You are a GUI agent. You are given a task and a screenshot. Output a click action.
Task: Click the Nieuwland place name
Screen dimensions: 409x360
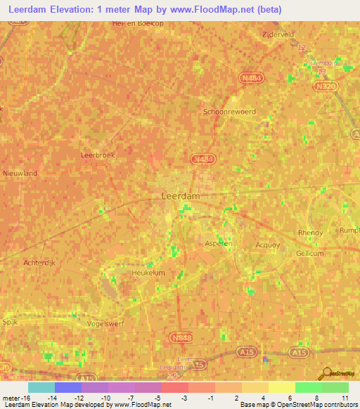click(20, 173)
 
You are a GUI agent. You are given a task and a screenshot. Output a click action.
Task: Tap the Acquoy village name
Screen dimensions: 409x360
click(268, 245)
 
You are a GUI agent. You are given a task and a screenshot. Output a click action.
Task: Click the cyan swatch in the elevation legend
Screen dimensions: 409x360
click(41, 387)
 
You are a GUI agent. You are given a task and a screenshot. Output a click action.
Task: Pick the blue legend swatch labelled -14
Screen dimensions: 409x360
click(68, 387)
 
